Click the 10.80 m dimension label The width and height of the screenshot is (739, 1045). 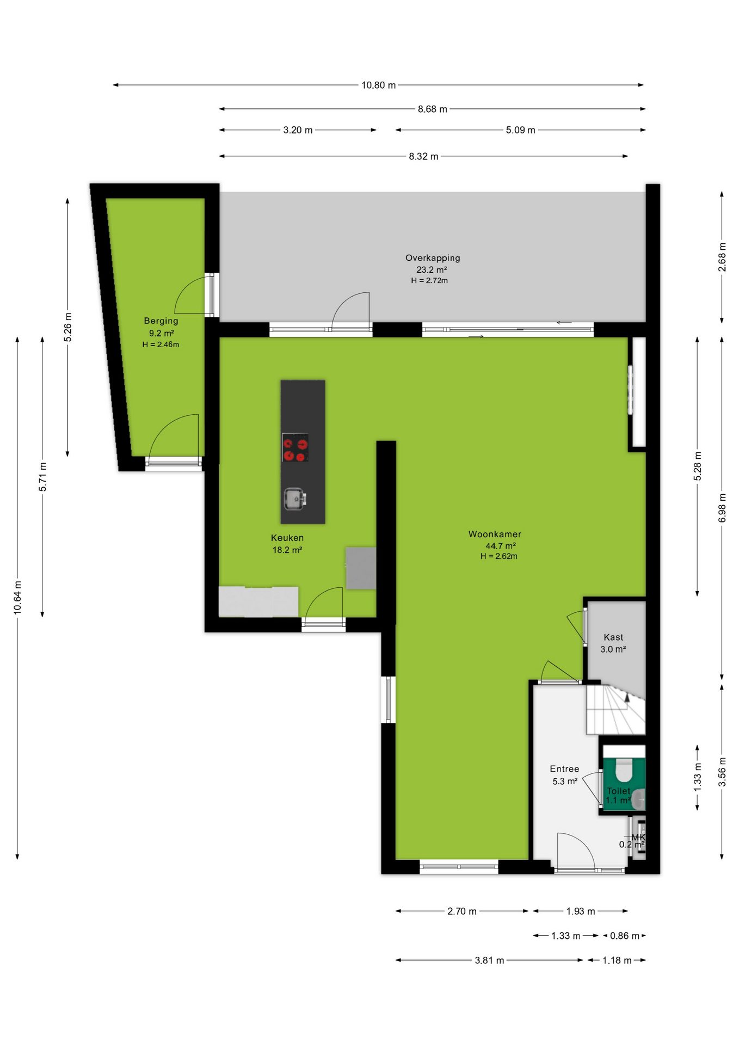click(x=379, y=85)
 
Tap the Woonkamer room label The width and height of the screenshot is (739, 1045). click(x=495, y=534)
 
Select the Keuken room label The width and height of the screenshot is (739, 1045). click(x=287, y=538)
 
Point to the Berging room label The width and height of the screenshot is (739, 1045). click(x=161, y=321)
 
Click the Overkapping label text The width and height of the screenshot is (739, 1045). click(x=433, y=258)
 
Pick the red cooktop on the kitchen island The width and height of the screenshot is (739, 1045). click(x=295, y=447)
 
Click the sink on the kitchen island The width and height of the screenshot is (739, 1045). click(x=294, y=499)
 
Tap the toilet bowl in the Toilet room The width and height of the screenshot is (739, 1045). click(x=623, y=770)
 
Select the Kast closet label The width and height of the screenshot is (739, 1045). click(x=613, y=637)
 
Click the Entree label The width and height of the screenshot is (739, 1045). click(x=564, y=769)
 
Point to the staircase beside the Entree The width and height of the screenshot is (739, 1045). click(x=615, y=710)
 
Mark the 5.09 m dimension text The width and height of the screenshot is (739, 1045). click(x=521, y=130)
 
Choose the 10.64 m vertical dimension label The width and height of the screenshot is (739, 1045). click(x=18, y=598)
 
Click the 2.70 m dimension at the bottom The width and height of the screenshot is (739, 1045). click(x=462, y=911)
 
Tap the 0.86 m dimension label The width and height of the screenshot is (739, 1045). click(x=625, y=936)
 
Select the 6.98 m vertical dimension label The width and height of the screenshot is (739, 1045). click(x=722, y=508)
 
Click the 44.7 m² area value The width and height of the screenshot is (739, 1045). click(x=501, y=545)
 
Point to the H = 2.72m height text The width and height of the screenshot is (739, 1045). click(x=429, y=280)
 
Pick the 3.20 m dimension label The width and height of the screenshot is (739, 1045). click(x=298, y=130)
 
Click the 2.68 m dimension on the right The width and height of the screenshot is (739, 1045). click(x=722, y=257)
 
